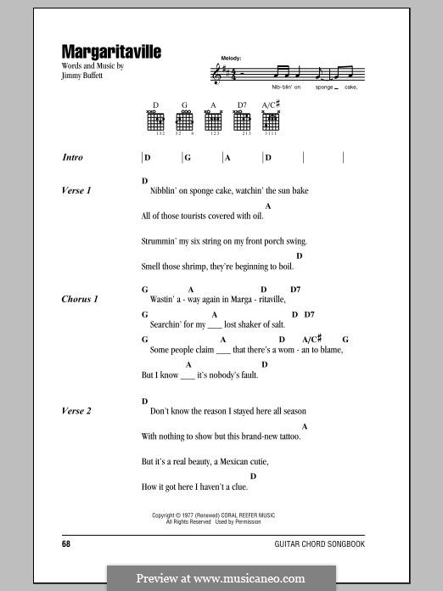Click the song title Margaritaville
[111, 51]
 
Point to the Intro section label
[73, 158]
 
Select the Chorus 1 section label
[80, 300]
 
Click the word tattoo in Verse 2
[287, 436]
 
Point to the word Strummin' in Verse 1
[160, 241]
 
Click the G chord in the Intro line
[188, 158]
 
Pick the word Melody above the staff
[231, 59]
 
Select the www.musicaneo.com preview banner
[221, 578]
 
